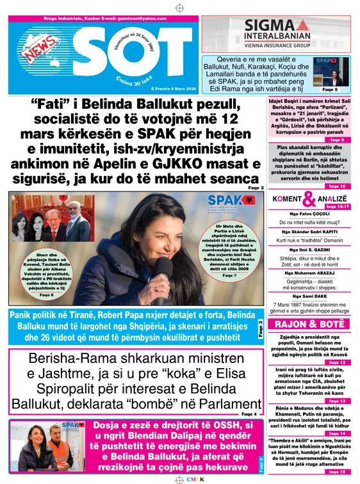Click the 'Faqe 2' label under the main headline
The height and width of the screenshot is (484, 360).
tap(255, 188)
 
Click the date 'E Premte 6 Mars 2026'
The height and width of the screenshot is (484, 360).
tap(166, 88)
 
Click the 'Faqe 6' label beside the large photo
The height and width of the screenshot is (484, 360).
tap(46, 294)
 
